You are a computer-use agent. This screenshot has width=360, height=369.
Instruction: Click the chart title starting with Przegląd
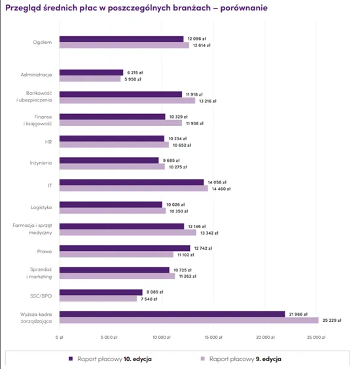pos(135,7)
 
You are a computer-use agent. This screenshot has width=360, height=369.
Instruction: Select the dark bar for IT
pos(132,182)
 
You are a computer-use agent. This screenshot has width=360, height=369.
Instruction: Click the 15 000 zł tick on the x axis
pos(212,338)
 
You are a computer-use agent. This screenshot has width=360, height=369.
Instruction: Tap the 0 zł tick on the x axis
pos(60,338)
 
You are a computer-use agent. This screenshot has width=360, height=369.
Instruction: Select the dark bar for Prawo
pos(124,248)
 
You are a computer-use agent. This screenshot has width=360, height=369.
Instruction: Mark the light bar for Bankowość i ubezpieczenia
pos(127,101)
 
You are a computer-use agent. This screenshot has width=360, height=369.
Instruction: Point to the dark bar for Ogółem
pos(121,39)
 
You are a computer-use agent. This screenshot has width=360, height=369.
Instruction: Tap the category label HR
pos(48,142)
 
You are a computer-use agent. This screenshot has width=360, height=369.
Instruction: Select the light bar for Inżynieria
pos(112,167)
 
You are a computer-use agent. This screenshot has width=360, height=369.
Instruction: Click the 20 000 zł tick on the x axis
pos(264,338)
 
